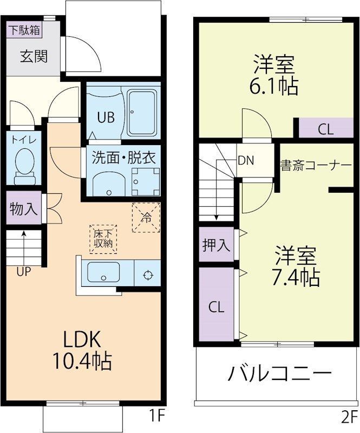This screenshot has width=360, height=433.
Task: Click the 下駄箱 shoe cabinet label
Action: pyautogui.click(x=24, y=30)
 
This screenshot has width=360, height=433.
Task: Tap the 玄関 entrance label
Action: pyautogui.click(x=34, y=56)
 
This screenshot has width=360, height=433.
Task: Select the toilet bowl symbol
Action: pyautogui.click(x=24, y=163)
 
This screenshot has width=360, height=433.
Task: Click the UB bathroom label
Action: pyautogui.click(x=106, y=117)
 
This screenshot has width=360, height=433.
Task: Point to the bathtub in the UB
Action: pyautogui.click(x=142, y=114)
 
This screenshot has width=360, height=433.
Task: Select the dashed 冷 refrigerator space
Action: pyautogui.click(x=146, y=217)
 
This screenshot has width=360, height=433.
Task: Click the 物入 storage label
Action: pyautogui.click(x=24, y=209)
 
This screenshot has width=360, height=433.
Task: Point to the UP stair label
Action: pyautogui.click(x=23, y=272)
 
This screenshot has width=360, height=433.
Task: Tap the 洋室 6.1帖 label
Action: pyautogui.click(x=274, y=76)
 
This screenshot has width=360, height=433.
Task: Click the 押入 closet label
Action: pyautogui.click(x=216, y=245)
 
